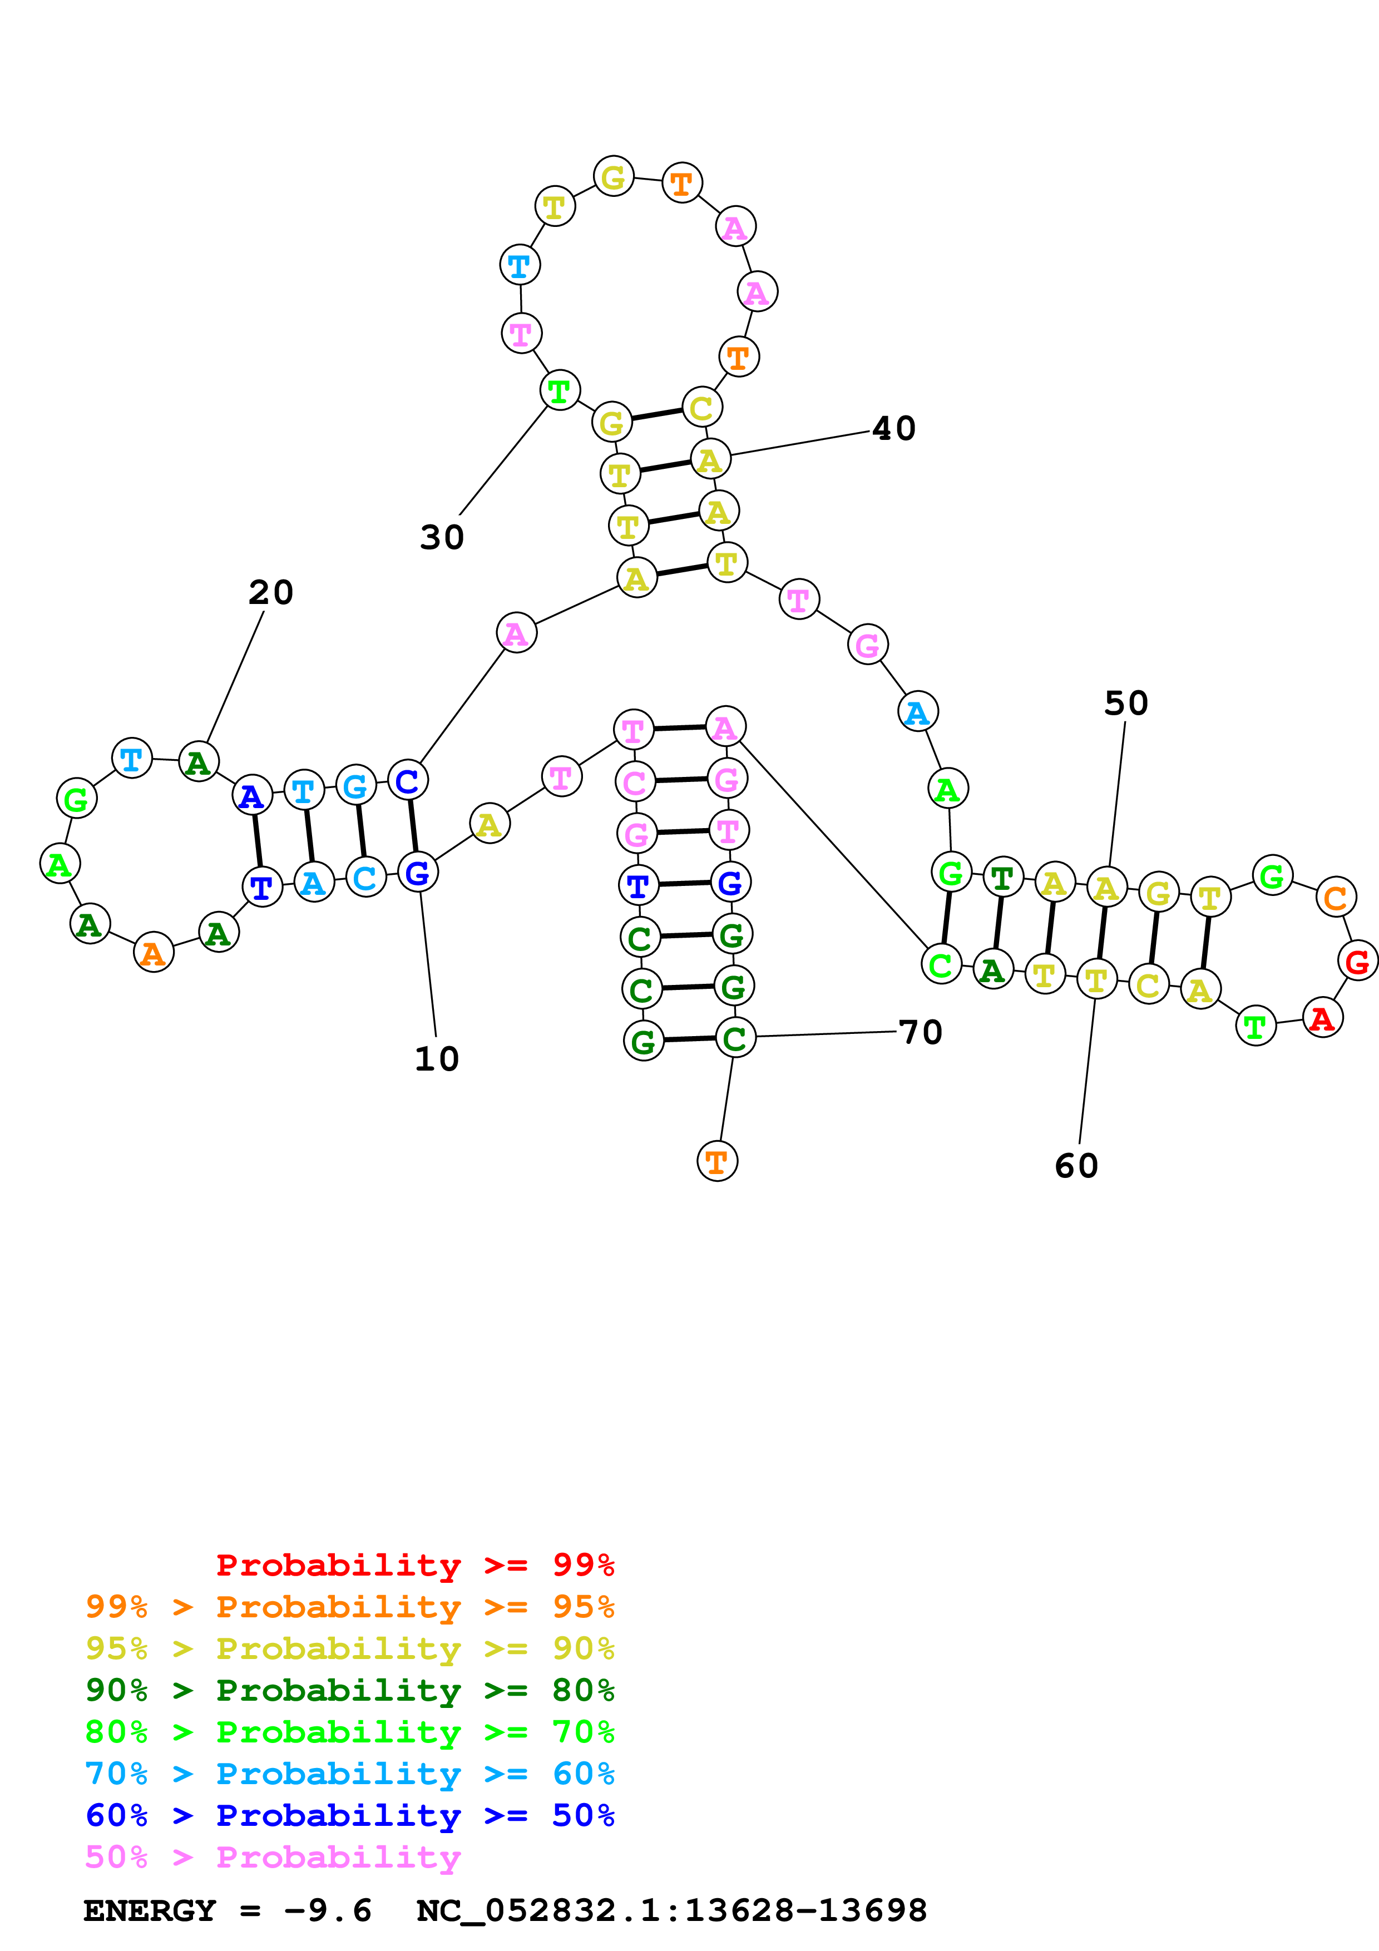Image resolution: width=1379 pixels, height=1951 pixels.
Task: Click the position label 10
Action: pyautogui.click(x=437, y=1059)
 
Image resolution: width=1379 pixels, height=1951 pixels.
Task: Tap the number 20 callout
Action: pyautogui.click(x=271, y=592)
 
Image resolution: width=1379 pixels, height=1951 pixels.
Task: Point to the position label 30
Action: pyautogui.click(x=442, y=537)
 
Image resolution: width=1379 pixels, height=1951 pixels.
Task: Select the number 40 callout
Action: pyautogui.click(x=894, y=428)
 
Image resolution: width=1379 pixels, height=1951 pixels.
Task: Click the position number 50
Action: pyautogui.click(x=1126, y=703)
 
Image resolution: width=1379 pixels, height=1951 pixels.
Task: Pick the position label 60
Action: pyautogui.click(x=1076, y=1166)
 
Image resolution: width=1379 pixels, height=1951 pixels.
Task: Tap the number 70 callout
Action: pyautogui.click(x=920, y=1032)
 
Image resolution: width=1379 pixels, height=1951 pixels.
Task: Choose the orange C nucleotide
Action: pyautogui.click(x=1336, y=897)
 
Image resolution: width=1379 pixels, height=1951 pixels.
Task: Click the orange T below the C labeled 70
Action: pyautogui.click(x=716, y=1162)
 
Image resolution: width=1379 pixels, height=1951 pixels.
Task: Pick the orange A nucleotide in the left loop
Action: pyautogui.click(x=153, y=953)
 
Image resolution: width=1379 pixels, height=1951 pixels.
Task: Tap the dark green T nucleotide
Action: pyautogui.click(x=1002, y=879)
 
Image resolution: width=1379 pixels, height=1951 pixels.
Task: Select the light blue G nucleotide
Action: pyautogui.click(x=355, y=786)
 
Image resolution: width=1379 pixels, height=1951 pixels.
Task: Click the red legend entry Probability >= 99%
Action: pyautogui.click(x=414, y=1565)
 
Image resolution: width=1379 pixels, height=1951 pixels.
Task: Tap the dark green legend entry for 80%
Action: pyautogui.click(x=349, y=1690)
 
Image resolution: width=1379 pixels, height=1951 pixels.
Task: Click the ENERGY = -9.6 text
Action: pyautogui.click(x=227, y=1910)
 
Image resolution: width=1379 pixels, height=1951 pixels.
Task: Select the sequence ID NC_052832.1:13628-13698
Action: pyautogui.click(x=671, y=1910)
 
